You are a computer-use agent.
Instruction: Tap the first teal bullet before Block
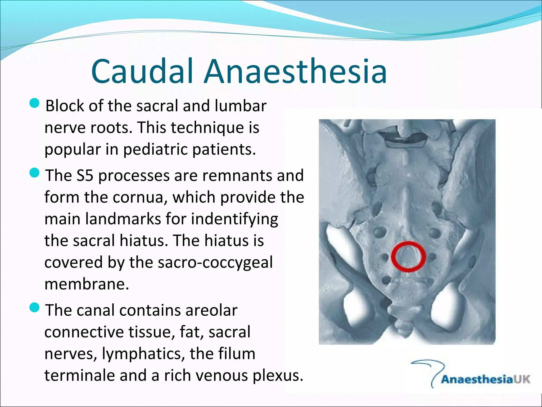tap(34, 103)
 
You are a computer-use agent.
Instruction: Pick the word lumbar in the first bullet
tap(240, 106)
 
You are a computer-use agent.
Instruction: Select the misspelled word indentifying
tap(234, 220)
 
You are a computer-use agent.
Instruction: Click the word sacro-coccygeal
tap(215, 263)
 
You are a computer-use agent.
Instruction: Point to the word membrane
tap(86, 284)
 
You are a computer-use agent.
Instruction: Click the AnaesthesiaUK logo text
tap(485, 379)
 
